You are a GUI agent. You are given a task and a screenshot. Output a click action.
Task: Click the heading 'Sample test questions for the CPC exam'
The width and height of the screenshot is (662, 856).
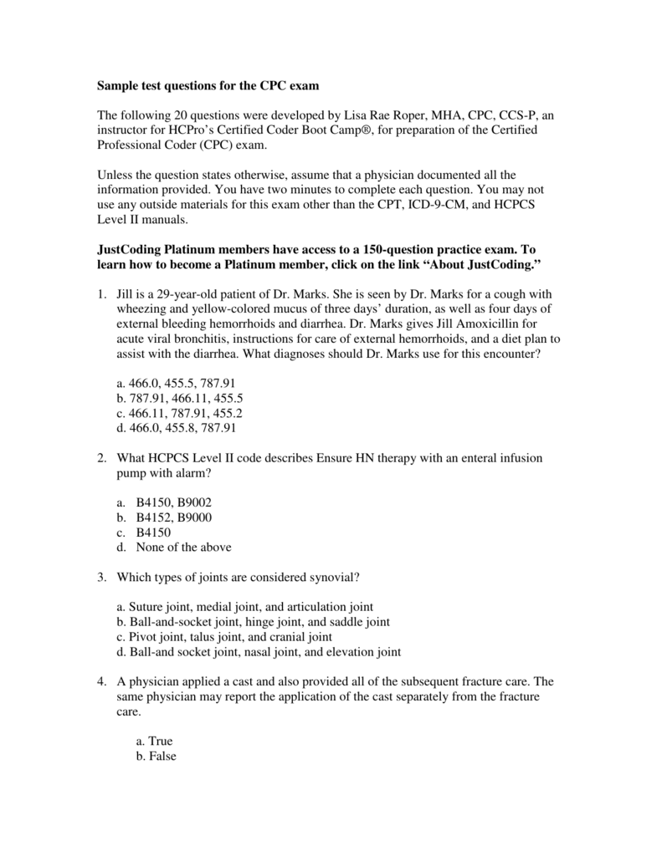coord(208,86)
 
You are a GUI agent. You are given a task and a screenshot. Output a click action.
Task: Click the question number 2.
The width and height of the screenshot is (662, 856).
coord(100,458)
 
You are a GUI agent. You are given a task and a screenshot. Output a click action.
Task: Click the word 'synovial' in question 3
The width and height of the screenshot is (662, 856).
coord(338,578)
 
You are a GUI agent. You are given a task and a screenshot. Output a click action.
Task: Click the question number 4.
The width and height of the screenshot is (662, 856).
coord(100,681)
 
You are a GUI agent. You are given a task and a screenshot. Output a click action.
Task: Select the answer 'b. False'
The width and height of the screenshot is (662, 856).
coord(156,757)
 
